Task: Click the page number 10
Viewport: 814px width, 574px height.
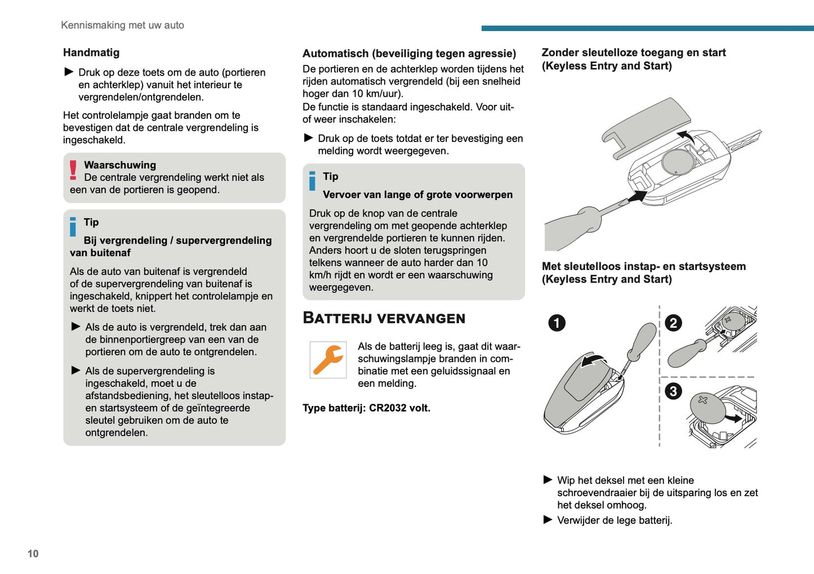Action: pos(33,554)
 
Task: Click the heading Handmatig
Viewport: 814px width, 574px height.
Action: pos(91,52)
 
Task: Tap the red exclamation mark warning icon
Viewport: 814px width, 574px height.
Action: pos(73,170)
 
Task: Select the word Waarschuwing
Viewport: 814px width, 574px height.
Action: pos(120,165)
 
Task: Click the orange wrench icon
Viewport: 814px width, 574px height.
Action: pos(328,360)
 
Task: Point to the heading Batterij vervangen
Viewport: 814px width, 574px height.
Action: pos(384,318)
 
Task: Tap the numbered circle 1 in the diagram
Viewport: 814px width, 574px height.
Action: pos(557,323)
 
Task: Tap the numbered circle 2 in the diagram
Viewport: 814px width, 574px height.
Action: pos(673,323)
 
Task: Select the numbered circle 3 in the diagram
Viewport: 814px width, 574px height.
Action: pos(673,391)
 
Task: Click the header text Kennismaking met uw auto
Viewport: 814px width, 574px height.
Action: pos(122,25)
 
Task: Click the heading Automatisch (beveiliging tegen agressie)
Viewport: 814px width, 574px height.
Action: pos(409,54)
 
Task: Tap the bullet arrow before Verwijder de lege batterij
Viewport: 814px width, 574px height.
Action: pos(548,520)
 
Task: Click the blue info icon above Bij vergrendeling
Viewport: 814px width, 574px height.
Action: pos(73,227)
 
